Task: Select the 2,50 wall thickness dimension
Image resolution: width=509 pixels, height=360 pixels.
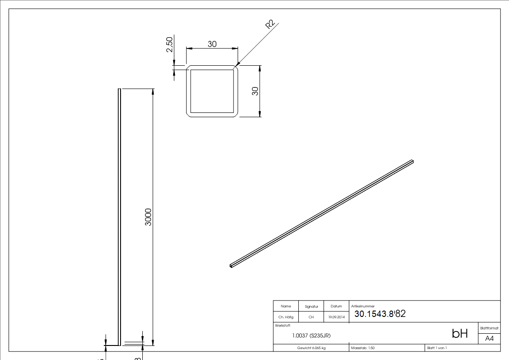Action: pyautogui.click(x=170, y=45)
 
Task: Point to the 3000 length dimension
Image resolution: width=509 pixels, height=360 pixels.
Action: pyautogui.click(x=148, y=217)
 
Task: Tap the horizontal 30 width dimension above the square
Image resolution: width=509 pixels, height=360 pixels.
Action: pyautogui.click(x=212, y=44)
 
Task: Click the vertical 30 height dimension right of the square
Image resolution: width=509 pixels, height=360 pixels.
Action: pyautogui.click(x=255, y=91)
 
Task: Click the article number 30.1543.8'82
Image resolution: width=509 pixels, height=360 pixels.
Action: pyautogui.click(x=380, y=314)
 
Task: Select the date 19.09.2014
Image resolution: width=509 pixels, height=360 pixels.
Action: pyautogui.click(x=337, y=317)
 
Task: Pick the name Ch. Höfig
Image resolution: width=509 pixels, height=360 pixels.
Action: pyautogui.click(x=286, y=317)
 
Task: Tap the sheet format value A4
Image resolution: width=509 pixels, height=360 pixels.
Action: pyautogui.click(x=490, y=338)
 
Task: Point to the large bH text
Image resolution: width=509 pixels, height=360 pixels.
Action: pyautogui.click(x=460, y=334)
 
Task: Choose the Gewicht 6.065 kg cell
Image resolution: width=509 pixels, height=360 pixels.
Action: pyautogui.click(x=311, y=348)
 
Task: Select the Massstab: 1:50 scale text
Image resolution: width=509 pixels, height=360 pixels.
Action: pyautogui.click(x=363, y=348)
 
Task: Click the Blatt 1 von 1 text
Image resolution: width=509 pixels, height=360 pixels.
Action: pyautogui.click(x=437, y=348)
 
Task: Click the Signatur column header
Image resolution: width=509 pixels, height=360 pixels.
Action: pyautogui.click(x=311, y=306)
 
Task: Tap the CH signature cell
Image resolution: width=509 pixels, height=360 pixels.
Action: pyautogui.click(x=311, y=317)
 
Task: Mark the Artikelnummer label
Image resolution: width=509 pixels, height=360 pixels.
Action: pyautogui.click(x=363, y=306)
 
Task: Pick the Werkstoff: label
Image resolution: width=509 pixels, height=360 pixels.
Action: pyautogui.click(x=283, y=325)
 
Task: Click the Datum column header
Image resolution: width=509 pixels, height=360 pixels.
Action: pyautogui.click(x=336, y=306)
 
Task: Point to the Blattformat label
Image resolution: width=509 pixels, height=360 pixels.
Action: pyautogui.click(x=489, y=327)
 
